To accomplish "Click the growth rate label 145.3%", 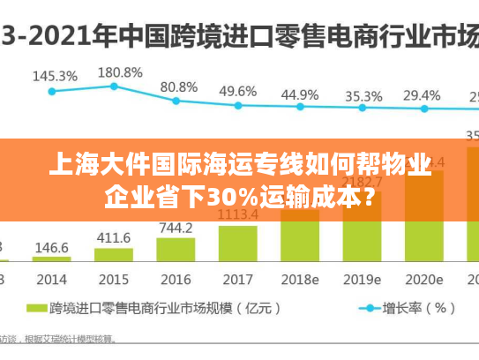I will tap(55, 76).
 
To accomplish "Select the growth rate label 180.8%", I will tap(120, 72).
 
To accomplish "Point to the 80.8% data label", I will tap(179, 87).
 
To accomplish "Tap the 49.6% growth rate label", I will tap(238, 91).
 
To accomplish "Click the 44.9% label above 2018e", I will tap(300, 94).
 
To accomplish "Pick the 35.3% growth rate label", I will tap(363, 95).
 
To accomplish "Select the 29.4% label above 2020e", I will tap(422, 94).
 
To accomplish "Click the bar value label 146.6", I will tap(52, 249).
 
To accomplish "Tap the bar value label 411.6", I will tap(113, 237).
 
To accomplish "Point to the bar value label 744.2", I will tap(176, 228).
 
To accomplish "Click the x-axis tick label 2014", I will tap(51, 279).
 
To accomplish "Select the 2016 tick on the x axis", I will tap(176, 279).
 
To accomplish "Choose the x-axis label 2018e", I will tap(300, 279).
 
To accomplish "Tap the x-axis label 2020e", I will tap(424, 279).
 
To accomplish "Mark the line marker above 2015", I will tap(114, 86).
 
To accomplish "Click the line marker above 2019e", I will tap(362, 109).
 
